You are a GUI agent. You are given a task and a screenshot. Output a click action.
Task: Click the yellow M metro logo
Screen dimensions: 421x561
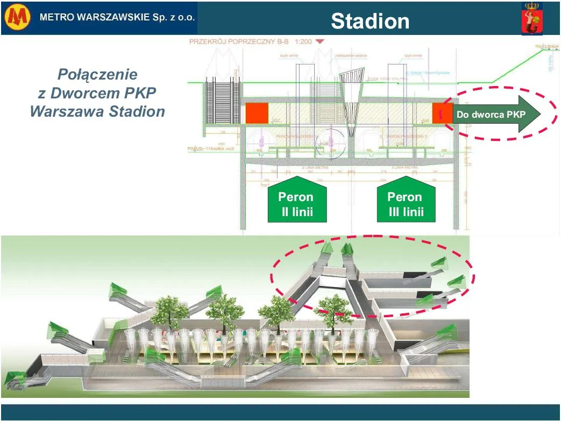(18, 18)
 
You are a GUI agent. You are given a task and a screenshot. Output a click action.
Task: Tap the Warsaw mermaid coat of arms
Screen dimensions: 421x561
(532, 19)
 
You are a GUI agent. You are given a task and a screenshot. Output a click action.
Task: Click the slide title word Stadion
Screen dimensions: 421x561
(370, 21)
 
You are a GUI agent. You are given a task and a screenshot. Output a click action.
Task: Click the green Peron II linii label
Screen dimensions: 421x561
(296, 204)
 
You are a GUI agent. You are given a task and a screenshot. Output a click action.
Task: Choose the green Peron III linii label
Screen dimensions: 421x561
(406, 204)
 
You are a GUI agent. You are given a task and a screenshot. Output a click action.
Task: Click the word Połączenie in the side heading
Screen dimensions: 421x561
(97, 74)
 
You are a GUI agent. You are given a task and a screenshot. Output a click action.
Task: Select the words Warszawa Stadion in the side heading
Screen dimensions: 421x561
(97, 111)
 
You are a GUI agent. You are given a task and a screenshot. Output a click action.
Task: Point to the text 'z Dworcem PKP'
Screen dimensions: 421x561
(97, 92)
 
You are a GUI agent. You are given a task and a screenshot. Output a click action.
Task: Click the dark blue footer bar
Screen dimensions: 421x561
(280, 412)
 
